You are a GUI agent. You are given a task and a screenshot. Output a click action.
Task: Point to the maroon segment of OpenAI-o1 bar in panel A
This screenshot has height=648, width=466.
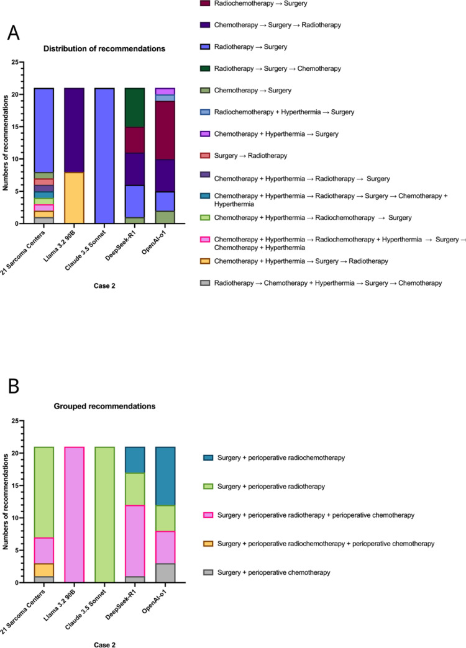[165, 130]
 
